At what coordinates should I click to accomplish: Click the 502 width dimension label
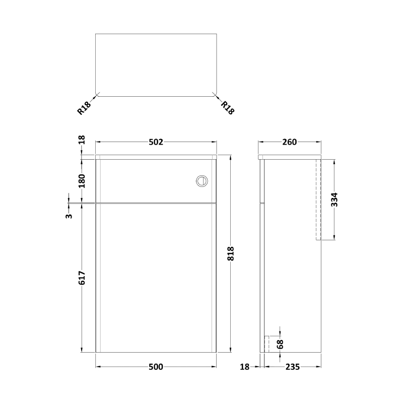click(x=156, y=142)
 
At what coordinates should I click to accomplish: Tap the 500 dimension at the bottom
click(x=156, y=367)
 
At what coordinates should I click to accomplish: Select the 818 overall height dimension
click(x=231, y=255)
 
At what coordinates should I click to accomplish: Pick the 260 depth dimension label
click(x=289, y=142)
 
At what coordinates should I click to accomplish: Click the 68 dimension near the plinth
click(x=281, y=345)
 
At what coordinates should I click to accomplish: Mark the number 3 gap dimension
click(x=70, y=216)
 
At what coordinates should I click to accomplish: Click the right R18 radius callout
click(x=228, y=108)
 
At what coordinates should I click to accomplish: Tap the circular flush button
click(x=201, y=180)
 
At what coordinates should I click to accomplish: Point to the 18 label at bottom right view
click(x=245, y=367)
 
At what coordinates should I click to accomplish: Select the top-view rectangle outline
click(x=156, y=64)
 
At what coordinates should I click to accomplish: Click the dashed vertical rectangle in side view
click(x=318, y=199)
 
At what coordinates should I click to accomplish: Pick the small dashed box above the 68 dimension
click(x=267, y=344)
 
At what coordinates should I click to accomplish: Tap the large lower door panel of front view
click(x=156, y=277)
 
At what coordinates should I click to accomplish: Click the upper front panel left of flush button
click(x=146, y=180)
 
